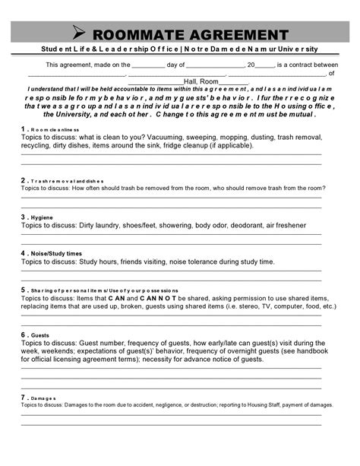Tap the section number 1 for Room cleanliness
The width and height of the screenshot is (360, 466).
click(x=24, y=130)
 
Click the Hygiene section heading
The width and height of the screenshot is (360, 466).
click(x=42, y=217)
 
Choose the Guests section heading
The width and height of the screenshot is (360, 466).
click(x=41, y=334)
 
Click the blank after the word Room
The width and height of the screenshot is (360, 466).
click(x=234, y=82)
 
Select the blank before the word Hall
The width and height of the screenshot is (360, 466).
click(x=156, y=82)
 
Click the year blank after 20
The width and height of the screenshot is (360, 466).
click(x=265, y=65)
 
